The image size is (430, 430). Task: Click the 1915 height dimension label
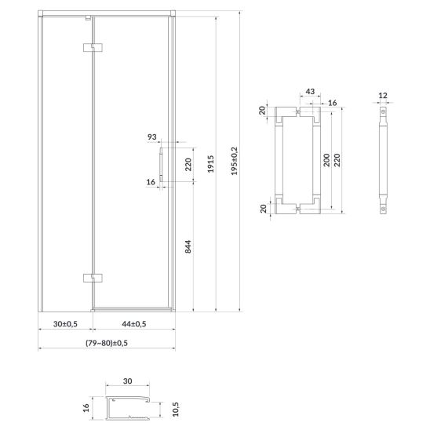210,164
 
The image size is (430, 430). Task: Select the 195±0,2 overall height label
234,161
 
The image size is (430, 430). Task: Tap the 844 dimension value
188,246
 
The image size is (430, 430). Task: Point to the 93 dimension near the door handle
152,137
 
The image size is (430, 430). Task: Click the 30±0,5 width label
65,324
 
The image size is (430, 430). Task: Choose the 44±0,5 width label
134,324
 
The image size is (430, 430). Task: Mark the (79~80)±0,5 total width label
107,343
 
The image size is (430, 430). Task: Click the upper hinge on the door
93,47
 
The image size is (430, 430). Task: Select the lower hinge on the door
93,278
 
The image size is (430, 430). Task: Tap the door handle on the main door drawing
161,165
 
